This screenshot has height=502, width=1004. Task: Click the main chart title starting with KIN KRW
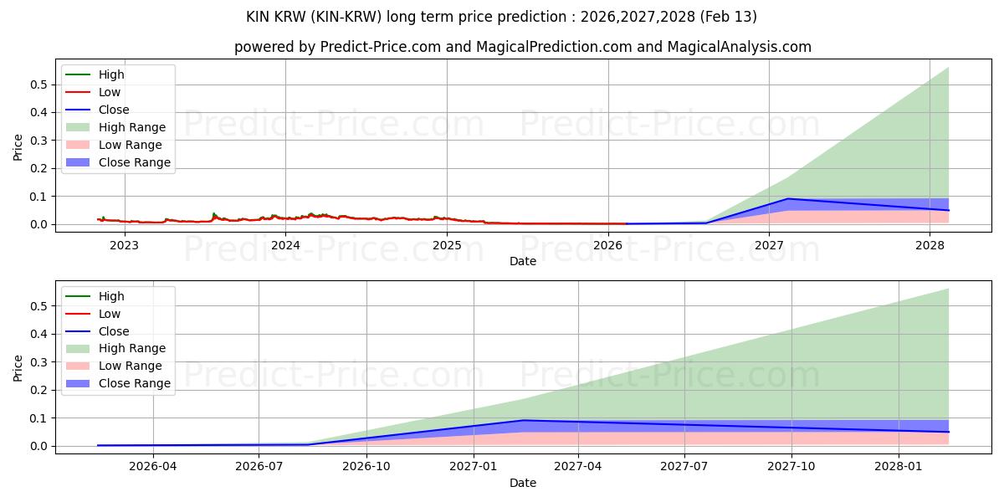502,17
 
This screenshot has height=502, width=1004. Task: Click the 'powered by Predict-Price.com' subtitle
523,47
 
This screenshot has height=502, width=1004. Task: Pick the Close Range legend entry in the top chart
134,162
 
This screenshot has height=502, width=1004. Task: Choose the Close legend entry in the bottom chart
114,331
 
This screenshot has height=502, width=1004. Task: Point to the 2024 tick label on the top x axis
285,245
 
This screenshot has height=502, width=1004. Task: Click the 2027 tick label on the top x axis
769,245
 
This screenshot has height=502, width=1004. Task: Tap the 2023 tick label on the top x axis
124,245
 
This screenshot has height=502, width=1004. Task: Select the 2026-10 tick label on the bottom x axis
366,467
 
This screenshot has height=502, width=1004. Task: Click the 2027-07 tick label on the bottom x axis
684,467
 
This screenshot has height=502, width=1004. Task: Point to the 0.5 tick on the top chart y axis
36,85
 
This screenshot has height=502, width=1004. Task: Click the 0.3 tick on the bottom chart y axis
36,362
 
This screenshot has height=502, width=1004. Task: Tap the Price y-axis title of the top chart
18,148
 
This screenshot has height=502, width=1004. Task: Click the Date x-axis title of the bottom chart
523,483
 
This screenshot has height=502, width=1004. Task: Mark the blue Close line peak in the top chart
787,198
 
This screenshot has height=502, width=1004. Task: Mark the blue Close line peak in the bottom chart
523,420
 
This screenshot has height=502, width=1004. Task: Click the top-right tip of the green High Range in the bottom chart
948,289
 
